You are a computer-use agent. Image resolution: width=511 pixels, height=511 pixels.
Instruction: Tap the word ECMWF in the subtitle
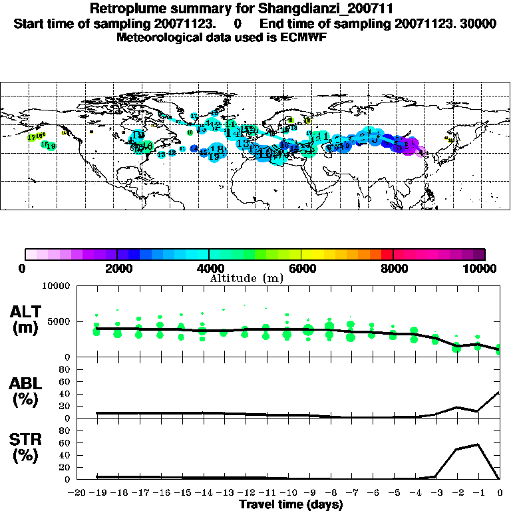[x=303, y=37]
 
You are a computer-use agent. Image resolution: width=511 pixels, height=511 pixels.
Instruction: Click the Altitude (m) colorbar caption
[x=246, y=278]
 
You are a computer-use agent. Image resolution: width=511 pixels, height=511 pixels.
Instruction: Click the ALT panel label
[x=28, y=310]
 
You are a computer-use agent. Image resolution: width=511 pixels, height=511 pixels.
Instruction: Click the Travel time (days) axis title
[x=291, y=504]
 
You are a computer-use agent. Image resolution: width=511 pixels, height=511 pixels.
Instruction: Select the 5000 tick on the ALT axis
[x=58, y=321]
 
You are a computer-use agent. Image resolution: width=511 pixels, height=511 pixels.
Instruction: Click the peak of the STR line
[x=479, y=444]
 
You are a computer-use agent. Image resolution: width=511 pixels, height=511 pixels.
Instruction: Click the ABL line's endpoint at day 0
[x=500, y=392]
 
